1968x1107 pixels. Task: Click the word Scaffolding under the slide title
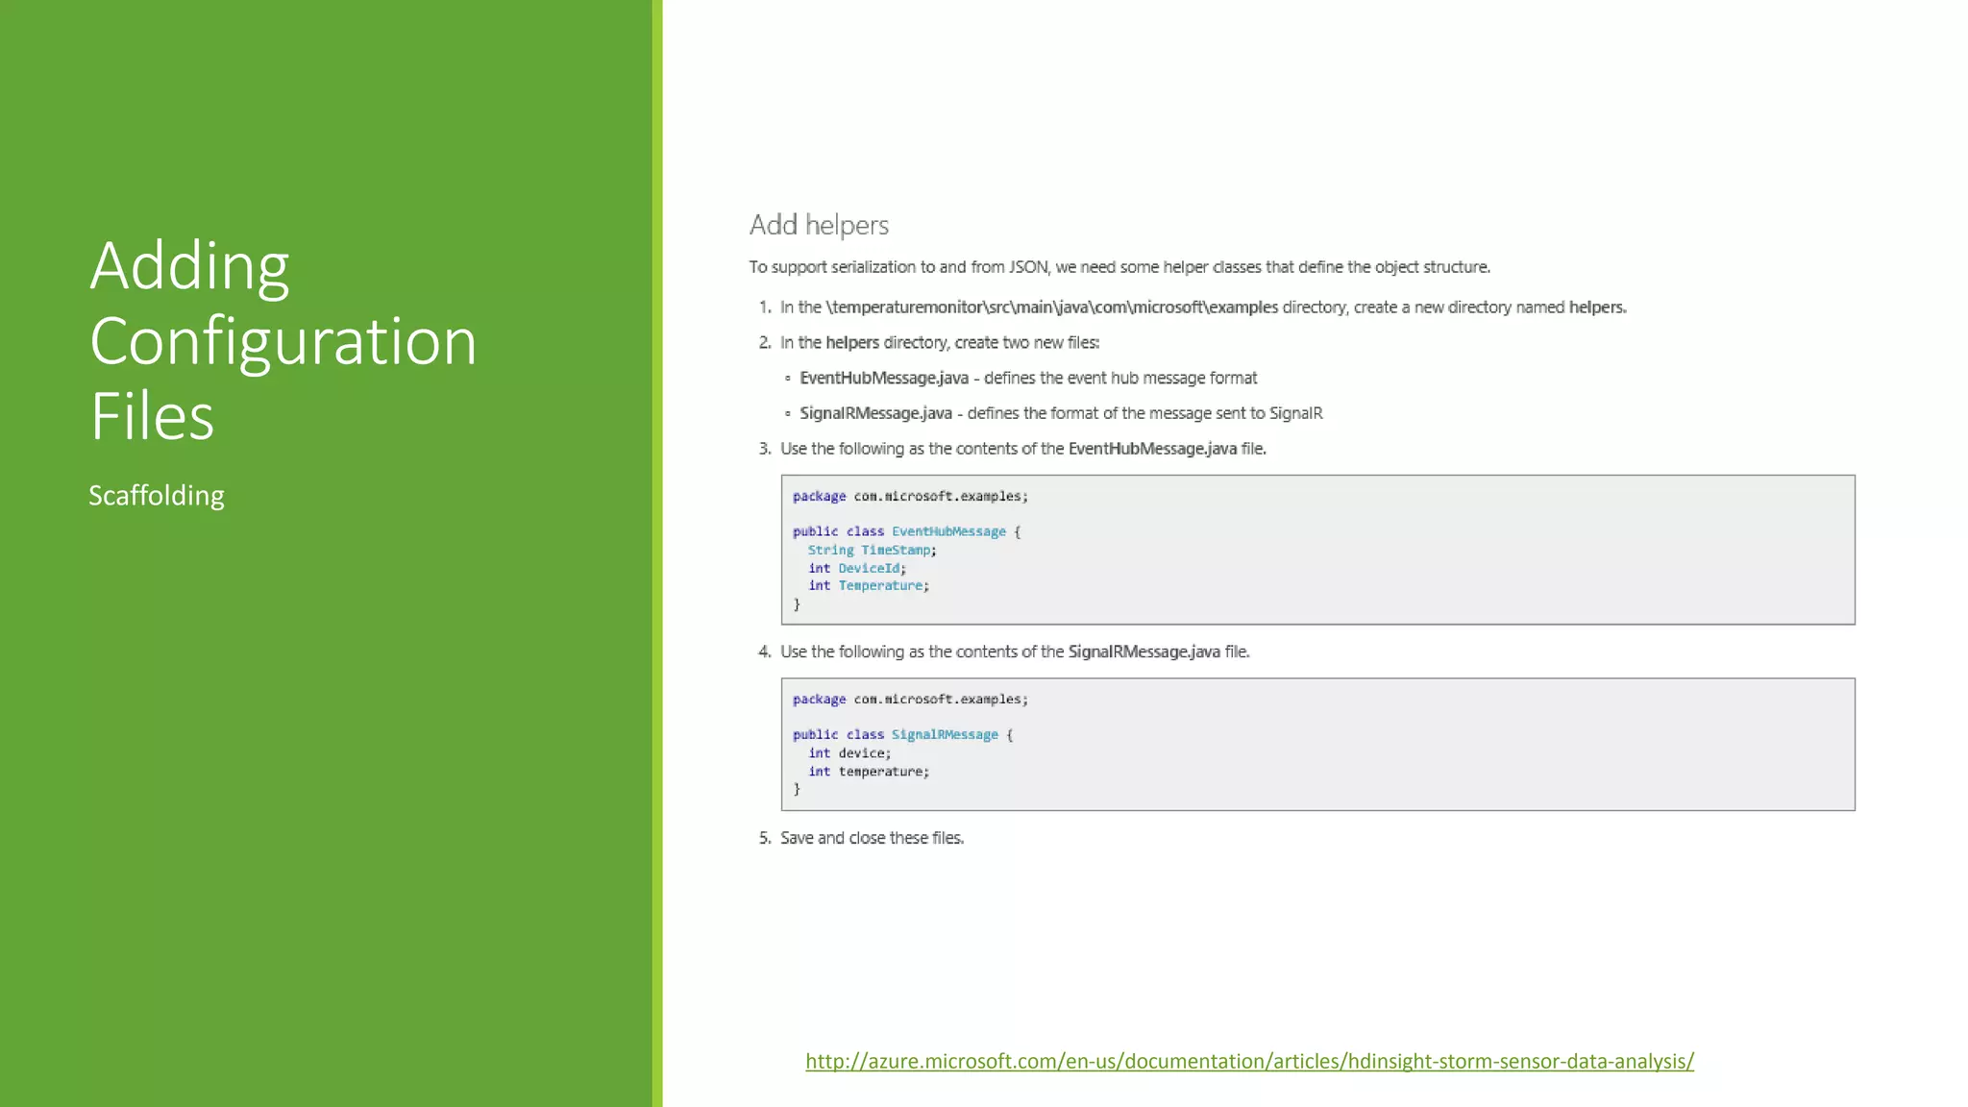click(x=157, y=496)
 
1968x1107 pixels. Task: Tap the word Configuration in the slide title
click(x=283, y=342)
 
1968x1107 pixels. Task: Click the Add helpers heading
click(x=819, y=225)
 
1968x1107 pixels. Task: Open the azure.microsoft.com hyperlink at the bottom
click(x=1249, y=1061)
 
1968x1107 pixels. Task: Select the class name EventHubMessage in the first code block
click(x=948, y=531)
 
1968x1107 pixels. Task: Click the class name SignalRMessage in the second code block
click(x=945, y=735)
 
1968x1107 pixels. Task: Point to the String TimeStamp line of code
click(x=872, y=550)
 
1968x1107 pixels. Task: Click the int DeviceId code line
click(x=856, y=568)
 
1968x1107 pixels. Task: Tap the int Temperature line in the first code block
click(x=868, y=585)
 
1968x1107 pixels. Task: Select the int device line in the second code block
click(x=849, y=753)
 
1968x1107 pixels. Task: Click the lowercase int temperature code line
click(x=868, y=772)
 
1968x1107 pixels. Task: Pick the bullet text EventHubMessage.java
click(x=884, y=379)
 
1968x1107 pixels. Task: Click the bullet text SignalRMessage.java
click(x=875, y=413)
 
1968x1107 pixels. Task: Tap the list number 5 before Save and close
click(x=764, y=838)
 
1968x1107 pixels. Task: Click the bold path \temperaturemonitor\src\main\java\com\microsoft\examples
click(x=1051, y=307)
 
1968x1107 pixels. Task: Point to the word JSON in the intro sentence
click(x=1028, y=267)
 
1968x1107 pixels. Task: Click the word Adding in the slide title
click(x=189, y=266)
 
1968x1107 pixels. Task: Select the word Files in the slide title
click(x=152, y=417)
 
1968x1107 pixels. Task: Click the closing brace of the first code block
click(x=797, y=604)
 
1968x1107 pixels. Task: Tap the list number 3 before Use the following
click(x=764, y=449)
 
